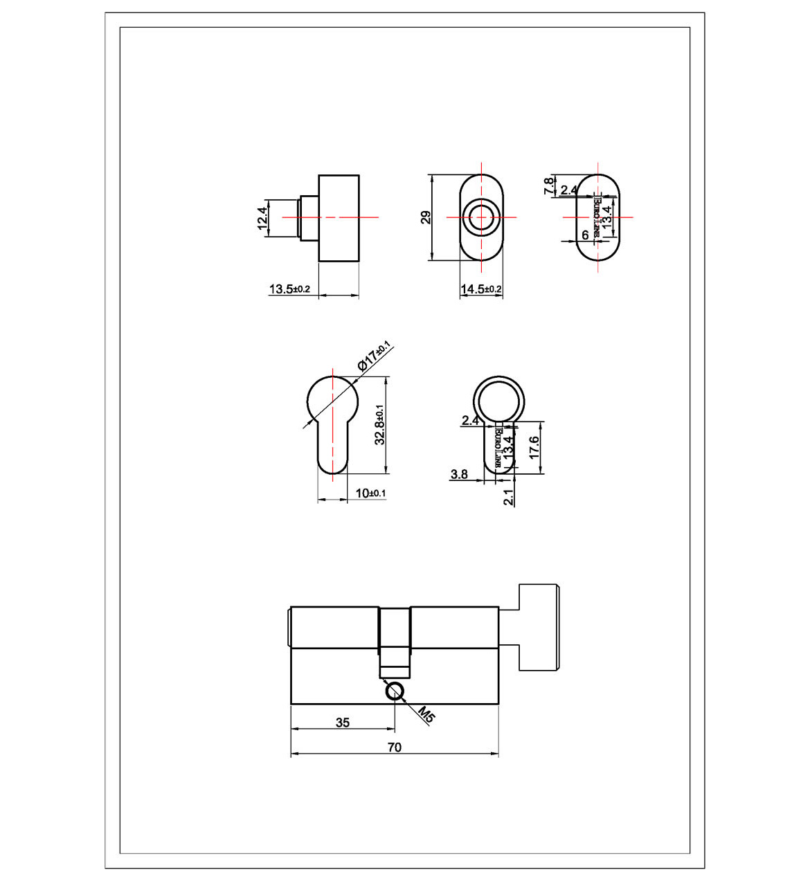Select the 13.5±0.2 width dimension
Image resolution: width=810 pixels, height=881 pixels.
tap(289, 289)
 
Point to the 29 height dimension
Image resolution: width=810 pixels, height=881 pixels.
tap(426, 217)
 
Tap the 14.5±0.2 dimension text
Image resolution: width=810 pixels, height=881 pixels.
tap(481, 289)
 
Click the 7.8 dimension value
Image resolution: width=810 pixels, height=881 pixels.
tap(548, 185)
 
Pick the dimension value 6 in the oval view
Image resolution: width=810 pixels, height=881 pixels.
tap(585, 235)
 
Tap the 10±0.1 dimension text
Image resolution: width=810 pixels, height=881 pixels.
tap(370, 493)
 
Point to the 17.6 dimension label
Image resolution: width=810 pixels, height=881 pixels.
tap(534, 447)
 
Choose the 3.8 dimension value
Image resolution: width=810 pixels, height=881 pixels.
tap(459, 474)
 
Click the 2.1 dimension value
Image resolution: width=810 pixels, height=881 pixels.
tap(509, 497)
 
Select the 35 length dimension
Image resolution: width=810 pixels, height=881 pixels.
tap(343, 723)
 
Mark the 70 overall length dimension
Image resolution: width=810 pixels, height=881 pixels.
tap(394, 747)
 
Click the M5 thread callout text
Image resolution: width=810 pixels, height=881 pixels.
tap(426, 716)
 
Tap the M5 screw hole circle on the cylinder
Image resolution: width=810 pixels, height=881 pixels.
tap(395, 691)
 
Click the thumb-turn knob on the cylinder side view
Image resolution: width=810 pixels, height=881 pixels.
tap(539, 628)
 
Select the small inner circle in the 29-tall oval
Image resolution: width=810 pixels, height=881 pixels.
tap(481, 217)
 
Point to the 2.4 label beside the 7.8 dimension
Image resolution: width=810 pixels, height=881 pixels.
tap(569, 190)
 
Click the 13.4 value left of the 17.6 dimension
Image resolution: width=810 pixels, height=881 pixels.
tap(509, 447)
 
